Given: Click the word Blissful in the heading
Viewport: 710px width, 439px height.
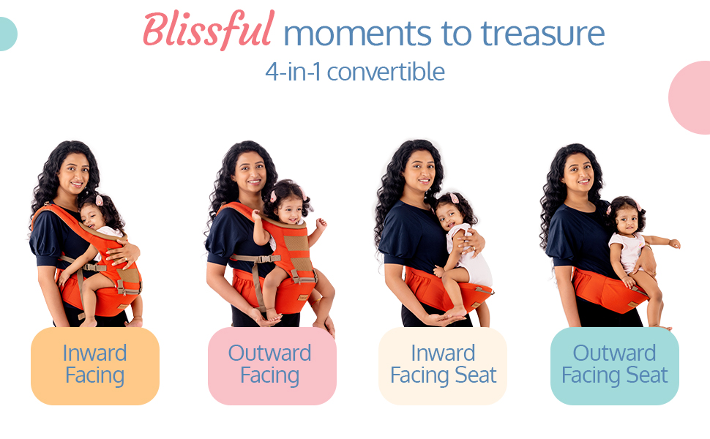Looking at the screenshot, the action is pos(209,30).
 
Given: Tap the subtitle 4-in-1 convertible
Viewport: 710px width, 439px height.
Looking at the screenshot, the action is pos(355,72).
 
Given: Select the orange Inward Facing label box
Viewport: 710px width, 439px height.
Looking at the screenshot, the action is pos(95,366).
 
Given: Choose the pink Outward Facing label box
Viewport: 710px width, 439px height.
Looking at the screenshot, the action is pos(272,366).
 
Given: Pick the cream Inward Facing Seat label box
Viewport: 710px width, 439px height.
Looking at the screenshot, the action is pos(443,366).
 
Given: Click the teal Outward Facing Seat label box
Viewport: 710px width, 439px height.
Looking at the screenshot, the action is pos(614,366).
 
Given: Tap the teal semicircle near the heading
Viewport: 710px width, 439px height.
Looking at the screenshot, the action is pos(7,34).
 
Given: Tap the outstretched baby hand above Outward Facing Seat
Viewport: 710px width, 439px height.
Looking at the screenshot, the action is pos(674,243).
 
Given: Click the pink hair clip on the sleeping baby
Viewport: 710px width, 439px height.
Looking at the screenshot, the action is pos(99,200).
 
